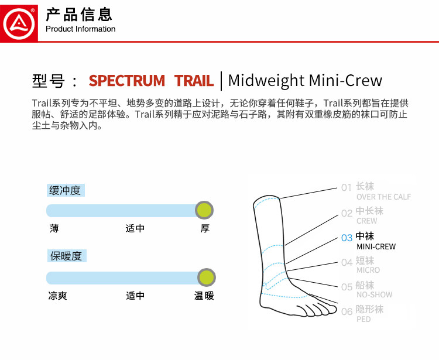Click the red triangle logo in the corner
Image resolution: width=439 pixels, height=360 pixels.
click(x=19, y=21)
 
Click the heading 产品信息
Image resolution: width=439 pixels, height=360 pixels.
click(x=79, y=14)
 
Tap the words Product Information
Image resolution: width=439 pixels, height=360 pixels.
click(x=80, y=29)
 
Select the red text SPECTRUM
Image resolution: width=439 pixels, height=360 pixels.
click(x=126, y=81)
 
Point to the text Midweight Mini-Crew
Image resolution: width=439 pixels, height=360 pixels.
click(x=305, y=81)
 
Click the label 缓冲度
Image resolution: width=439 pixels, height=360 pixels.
click(x=66, y=190)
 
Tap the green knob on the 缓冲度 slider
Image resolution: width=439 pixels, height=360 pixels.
click(x=204, y=210)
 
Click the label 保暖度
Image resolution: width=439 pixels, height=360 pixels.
click(x=66, y=256)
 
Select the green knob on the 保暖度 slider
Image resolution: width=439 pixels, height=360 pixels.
click(x=206, y=277)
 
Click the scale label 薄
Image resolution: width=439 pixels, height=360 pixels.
click(x=54, y=229)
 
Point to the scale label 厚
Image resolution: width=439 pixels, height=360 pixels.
click(x=205, y=229)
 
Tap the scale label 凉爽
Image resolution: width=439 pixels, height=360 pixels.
click(x=57, y=296)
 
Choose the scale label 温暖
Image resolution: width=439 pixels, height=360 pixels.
click(x=204, y=296)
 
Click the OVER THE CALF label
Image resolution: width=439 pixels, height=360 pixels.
click(x=383, y=197)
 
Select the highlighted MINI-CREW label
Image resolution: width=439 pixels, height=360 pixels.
click(x=376, y=246)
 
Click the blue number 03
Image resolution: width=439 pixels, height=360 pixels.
click(x=347, y=238)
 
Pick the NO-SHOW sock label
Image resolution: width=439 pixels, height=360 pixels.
click(x=374, y=294)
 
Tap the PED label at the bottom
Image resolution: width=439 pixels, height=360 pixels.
click(x=363, y=319)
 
